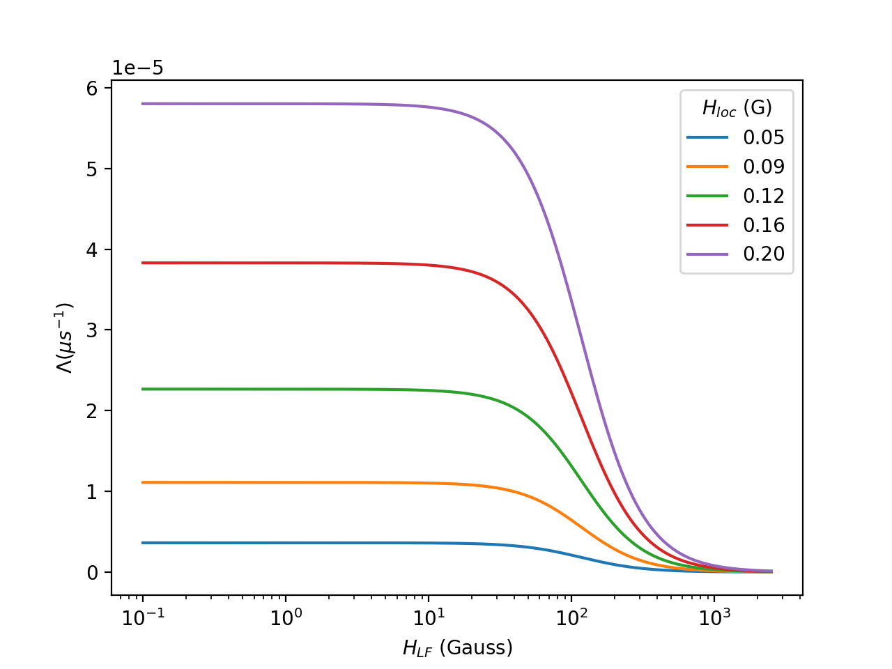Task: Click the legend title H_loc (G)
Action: pos(737,108)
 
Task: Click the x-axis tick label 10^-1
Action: pos(142,617)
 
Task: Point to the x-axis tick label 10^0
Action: pos(285,617)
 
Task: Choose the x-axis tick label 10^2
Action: pos(571,617)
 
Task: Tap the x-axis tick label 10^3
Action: pos(714,617)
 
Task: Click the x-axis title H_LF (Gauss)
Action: pos(457,648)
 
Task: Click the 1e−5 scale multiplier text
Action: pos(138,68)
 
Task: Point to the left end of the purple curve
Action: pos(143,104)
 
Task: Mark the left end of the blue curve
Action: pos(143,543)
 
